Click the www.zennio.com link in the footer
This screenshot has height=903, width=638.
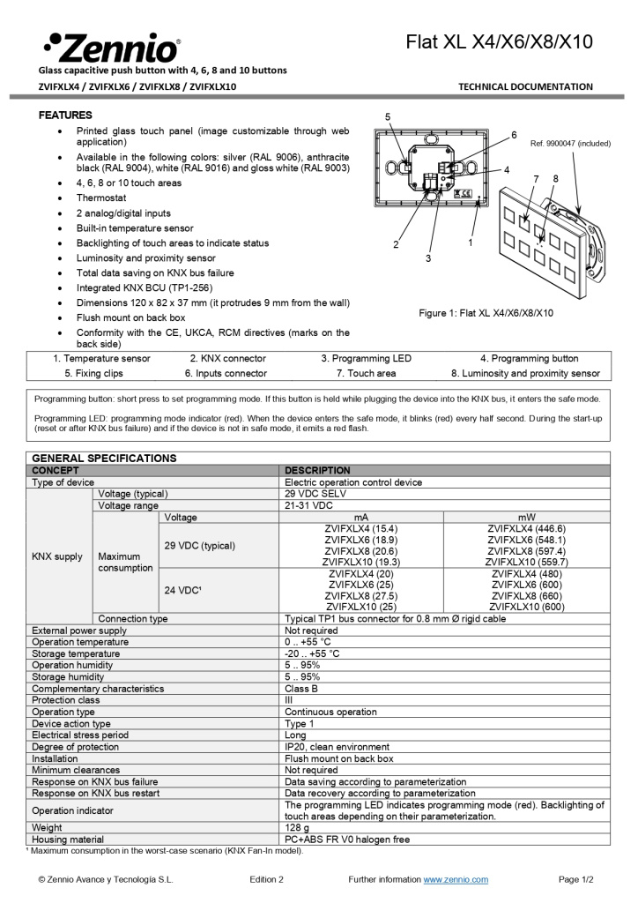(456, 880)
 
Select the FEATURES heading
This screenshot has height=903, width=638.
(65, 116)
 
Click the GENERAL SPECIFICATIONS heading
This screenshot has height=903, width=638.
(104, 459)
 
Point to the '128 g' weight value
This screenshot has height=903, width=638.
(297, 828)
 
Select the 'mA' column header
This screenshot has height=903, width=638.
(360, 518)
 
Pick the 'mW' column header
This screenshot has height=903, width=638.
(526, 518)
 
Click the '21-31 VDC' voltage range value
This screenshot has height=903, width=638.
(308, 506)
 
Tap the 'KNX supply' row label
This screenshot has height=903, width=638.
(57, 556)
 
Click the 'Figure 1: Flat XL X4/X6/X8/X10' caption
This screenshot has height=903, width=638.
(486, 313)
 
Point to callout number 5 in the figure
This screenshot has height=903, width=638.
(388, 117)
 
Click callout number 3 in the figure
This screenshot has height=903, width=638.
(428, 258)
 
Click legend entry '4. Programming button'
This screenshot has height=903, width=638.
(529, 359)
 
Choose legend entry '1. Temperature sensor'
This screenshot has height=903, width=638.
(101, 359)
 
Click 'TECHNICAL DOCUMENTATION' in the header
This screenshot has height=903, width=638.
(525, 86)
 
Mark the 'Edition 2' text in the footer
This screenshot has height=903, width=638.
(266, 880)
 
